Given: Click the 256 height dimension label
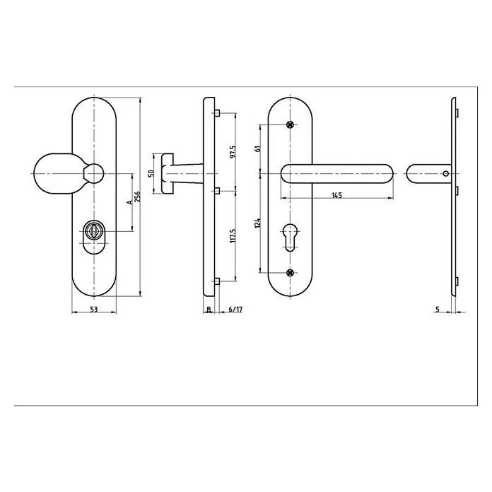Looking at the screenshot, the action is pos(137,197).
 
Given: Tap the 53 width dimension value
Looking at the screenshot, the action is pos(94,310).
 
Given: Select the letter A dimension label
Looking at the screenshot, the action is pos(129,201).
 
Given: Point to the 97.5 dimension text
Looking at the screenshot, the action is pos(233,151).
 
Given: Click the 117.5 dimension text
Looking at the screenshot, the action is pos(233,235).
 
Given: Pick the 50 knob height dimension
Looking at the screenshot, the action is pos(151,173).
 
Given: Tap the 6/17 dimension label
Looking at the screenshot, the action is pos(235,310).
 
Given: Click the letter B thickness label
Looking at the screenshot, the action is pos(209,310).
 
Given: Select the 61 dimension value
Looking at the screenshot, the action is pos(258,148).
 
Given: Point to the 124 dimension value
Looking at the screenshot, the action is pos(258,223).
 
